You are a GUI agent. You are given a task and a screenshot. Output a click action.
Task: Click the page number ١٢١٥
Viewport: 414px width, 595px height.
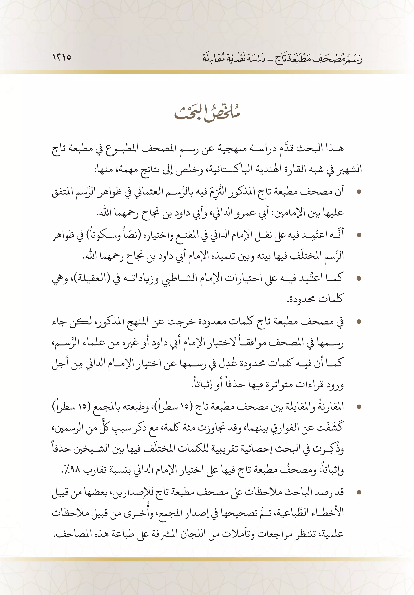(62, 57)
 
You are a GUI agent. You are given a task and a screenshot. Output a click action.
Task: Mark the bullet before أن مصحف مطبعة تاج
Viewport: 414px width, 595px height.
(359, 192)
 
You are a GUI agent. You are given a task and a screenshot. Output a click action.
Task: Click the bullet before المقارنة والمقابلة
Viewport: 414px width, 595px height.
(359, 407)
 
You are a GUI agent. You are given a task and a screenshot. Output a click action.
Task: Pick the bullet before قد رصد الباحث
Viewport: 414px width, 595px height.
(359, 492)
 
